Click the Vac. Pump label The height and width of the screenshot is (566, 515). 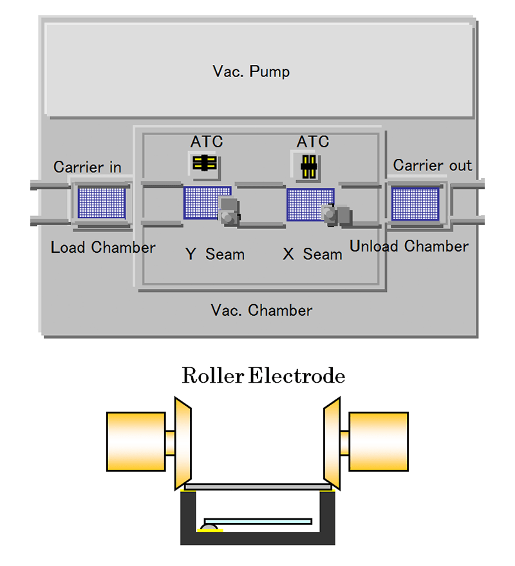[251, 71]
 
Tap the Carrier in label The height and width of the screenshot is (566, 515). [87, 167]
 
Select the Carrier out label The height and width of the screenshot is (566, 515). [432, 165]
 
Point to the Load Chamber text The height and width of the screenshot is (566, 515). [103, 248]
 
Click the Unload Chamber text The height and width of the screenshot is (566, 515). [409, 246]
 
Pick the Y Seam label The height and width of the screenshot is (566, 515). [215, 254]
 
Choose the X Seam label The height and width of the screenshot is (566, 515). [312, 254]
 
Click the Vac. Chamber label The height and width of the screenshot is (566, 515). [261, 311]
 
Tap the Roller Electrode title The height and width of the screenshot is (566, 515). [263, 376]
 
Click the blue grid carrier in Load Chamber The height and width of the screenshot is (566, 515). [101, 202]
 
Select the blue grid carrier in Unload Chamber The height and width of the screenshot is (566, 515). [415, 203]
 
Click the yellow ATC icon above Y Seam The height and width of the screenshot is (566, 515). [205, 163]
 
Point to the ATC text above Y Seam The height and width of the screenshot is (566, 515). [207, 141]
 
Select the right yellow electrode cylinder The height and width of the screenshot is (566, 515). [379, 441]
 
